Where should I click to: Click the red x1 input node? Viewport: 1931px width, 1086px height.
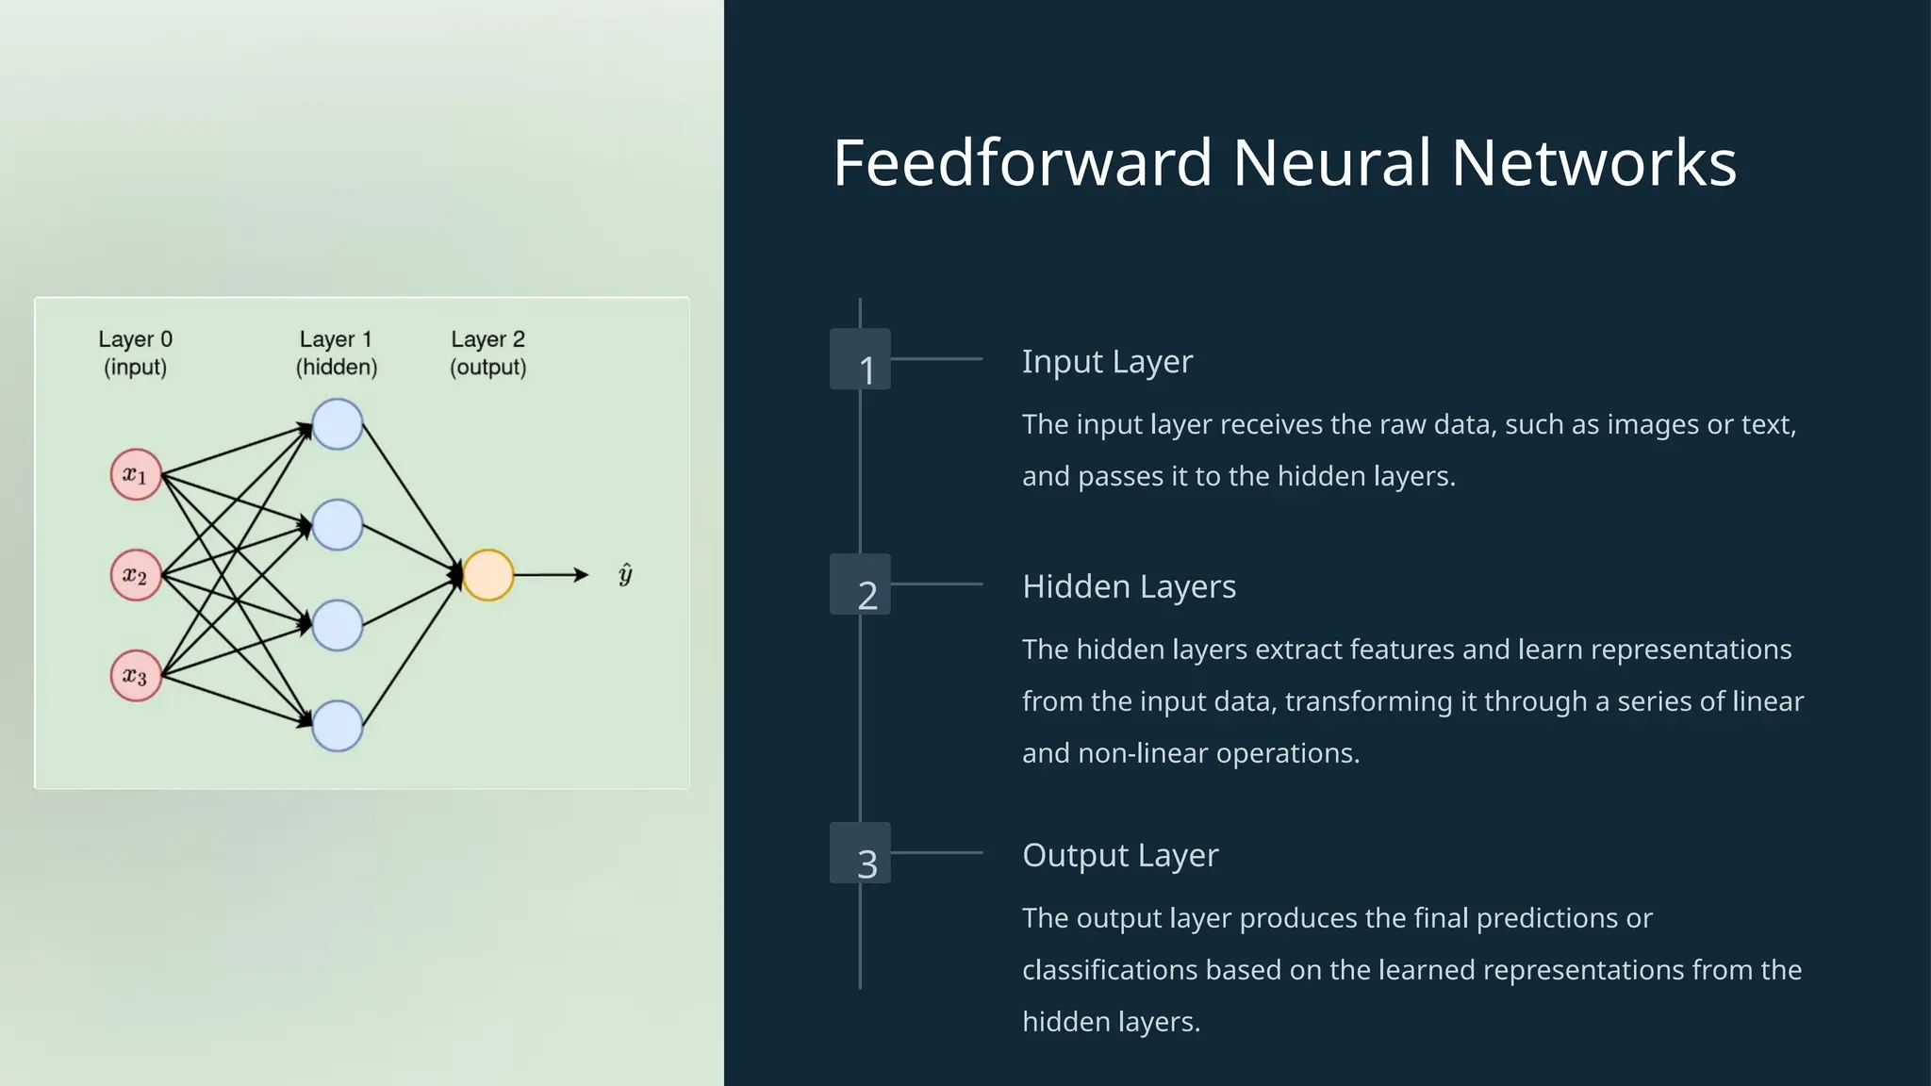136,474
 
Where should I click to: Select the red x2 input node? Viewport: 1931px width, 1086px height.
136,575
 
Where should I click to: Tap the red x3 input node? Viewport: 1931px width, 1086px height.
136,676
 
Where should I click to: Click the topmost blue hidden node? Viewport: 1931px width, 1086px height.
338,424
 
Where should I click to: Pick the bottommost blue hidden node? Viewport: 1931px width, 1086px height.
338,726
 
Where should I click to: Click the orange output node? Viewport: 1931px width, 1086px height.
488,575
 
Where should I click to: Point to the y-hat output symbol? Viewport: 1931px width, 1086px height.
625,574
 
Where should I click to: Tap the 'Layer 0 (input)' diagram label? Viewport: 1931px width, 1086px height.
136,353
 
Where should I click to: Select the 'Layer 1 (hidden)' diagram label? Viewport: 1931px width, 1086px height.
337,353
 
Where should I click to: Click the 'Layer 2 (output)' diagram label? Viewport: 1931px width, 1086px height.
488,353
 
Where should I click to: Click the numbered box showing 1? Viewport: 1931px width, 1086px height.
860,359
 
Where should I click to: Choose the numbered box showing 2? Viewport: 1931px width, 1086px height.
860,584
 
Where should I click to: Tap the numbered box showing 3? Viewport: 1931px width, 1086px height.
860,853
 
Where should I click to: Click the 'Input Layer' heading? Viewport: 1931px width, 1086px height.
1107,362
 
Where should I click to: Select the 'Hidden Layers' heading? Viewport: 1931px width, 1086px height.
1129,587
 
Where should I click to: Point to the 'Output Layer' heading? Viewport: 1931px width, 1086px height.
1120,856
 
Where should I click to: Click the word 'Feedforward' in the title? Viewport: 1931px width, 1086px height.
1022,163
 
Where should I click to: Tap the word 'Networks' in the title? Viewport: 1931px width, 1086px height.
1593,163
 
